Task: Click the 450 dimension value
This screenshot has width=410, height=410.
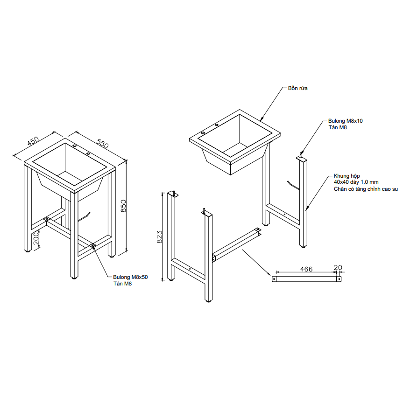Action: (33, 141)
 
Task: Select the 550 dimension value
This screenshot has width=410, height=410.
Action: (102, 143)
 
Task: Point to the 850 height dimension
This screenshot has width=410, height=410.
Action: (124, 206)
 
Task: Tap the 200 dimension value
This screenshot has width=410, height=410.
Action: (36, 238)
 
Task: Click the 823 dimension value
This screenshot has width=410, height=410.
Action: (159, 237)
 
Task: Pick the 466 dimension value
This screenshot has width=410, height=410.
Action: (306, 269)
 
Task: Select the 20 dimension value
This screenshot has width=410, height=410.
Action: (338, 267)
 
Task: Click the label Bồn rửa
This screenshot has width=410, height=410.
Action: (297, 88)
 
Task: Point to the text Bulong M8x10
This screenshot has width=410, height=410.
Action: (346, 121)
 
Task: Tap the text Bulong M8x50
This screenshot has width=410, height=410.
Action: (130, 277)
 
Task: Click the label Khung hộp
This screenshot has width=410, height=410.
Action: (346, 176)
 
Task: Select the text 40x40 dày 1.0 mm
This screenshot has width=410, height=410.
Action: (356, 182)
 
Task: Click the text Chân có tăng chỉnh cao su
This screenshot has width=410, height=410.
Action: (366, 189)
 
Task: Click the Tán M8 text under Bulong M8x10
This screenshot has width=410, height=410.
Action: (338, 127)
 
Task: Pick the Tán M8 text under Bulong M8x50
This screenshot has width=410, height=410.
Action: (122, 284)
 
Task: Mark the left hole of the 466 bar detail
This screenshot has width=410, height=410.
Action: (275, 279)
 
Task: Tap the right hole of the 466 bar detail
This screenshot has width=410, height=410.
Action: (339, 279)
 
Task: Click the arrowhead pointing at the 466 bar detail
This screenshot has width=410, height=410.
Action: (269, 274)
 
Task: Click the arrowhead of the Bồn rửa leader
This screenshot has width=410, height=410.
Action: (262, 119)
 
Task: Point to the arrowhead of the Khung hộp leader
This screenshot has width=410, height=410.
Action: (307, 208)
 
